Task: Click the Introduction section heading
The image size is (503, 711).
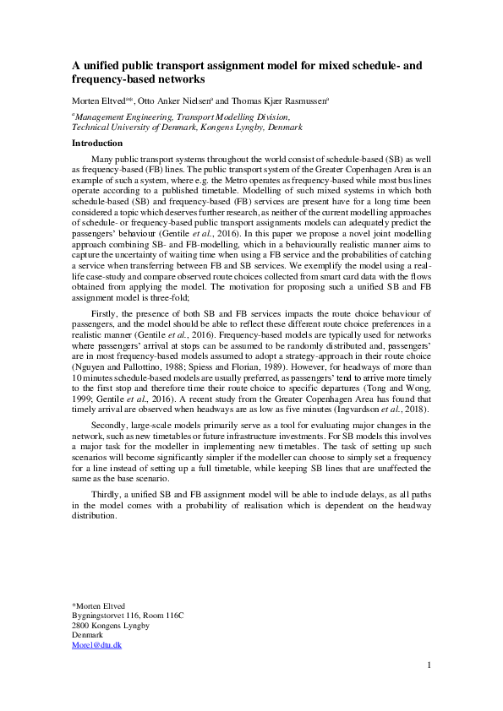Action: coord(97,143)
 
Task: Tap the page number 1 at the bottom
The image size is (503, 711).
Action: coord(429,665)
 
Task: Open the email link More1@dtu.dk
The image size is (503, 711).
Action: coord(97,644)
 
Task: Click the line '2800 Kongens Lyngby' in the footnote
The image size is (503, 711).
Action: coord(109,626)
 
